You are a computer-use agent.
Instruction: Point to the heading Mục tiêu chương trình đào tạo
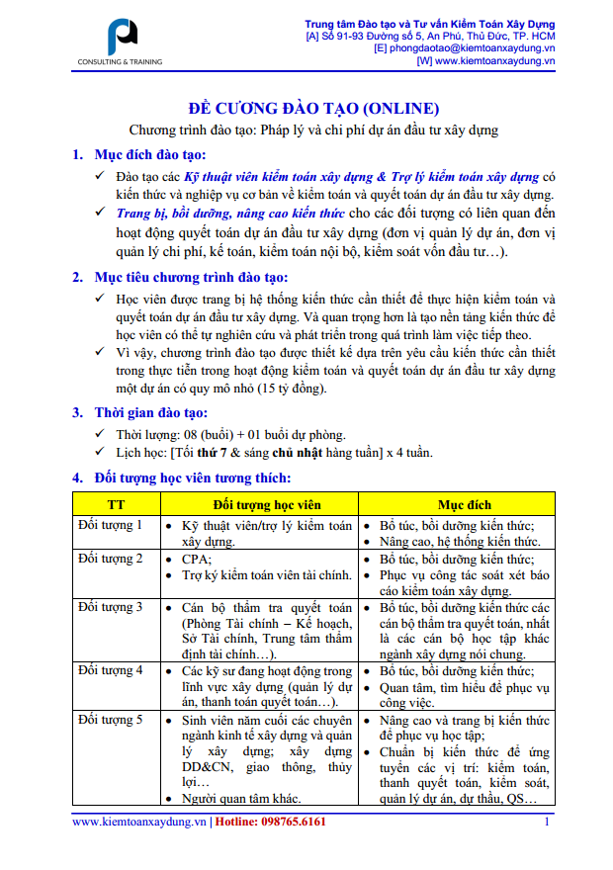point(191,277)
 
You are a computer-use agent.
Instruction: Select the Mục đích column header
point(464,504)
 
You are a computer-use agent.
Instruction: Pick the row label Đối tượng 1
point(110,526)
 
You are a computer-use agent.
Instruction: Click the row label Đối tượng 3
point(110,606)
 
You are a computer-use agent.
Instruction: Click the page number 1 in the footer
point(547,822)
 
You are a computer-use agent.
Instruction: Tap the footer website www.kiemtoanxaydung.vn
point(138,822)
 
